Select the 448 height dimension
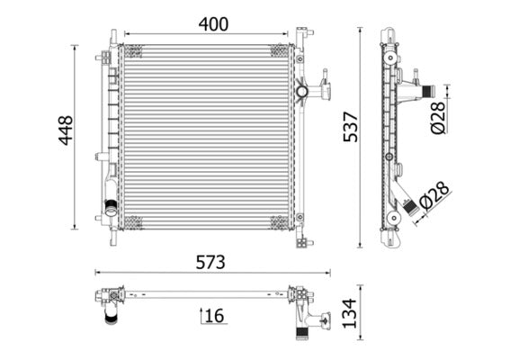point(65,131)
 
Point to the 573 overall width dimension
point(210,262)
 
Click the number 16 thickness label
point(214,315)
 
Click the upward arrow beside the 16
point(201,315)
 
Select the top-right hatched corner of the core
point(280,50)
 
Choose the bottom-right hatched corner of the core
point(280,221)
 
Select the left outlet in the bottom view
point(112,310)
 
